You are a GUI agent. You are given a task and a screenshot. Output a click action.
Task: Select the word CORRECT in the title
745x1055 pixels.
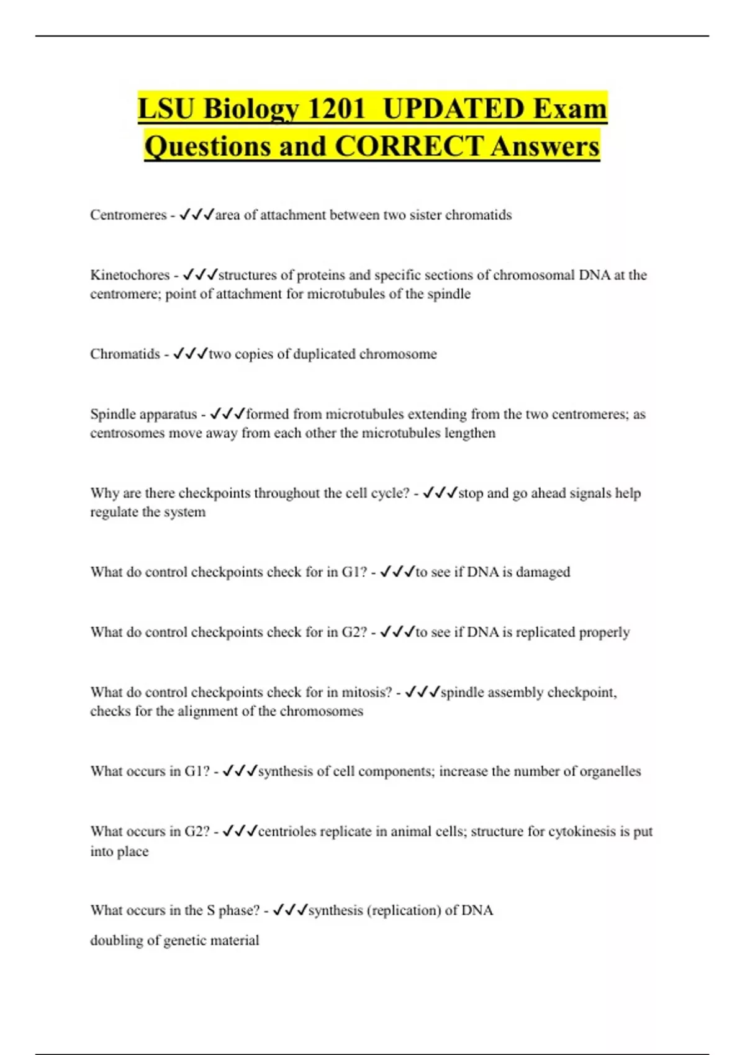[x=409, y=146]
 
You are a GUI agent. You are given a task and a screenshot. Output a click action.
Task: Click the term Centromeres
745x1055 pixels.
[x=128, y=215]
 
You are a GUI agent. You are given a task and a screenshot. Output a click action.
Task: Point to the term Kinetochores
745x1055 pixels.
[x=130, y=275]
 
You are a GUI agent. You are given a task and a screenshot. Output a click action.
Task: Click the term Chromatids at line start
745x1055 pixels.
[x=125, y=354]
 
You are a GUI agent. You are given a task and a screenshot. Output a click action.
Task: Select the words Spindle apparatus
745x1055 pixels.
[x=143, y=414]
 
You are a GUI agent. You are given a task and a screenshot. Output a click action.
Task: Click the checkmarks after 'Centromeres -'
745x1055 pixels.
[x=197, y=215]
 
